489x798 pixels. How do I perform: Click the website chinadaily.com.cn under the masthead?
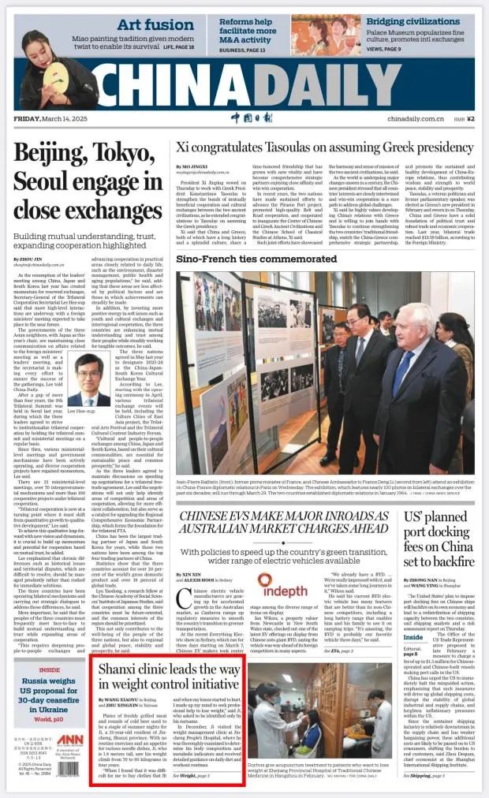[x=412, y=118]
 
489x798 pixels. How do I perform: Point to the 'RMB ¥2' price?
[x=466, y=118]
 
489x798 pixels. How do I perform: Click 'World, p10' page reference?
[x=49, y=718]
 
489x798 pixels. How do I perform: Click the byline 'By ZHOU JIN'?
[x=31, y=257]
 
